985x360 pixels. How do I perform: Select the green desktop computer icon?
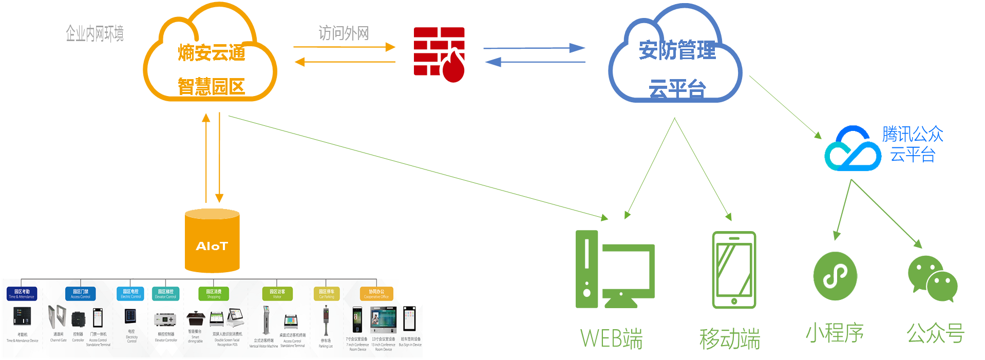tap(614, 269)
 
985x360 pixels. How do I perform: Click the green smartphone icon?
tap(734, 270)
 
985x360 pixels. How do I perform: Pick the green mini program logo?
tap(835, 276)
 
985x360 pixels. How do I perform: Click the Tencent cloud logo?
tap(853, 149)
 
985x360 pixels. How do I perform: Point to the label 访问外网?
tap(344, 33)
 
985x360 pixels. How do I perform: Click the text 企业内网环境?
tap(95, 34)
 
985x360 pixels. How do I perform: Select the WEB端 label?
tap(611, 339)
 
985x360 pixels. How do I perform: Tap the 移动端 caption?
tap(730, 339)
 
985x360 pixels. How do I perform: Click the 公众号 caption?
tap(935, 334)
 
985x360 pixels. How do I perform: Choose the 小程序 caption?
tap(835, 333)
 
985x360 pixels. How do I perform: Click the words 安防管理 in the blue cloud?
tap(677, 50)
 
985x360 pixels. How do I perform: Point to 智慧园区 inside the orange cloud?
tap(211, 86)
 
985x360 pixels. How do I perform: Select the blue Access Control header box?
tap(81, 294)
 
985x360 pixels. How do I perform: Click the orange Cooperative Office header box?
tap(376, 294)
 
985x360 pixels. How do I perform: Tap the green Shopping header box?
tap(214, 294)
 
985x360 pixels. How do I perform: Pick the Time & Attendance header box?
tap(22, 294)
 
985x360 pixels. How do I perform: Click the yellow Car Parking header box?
tap(327, 294)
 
